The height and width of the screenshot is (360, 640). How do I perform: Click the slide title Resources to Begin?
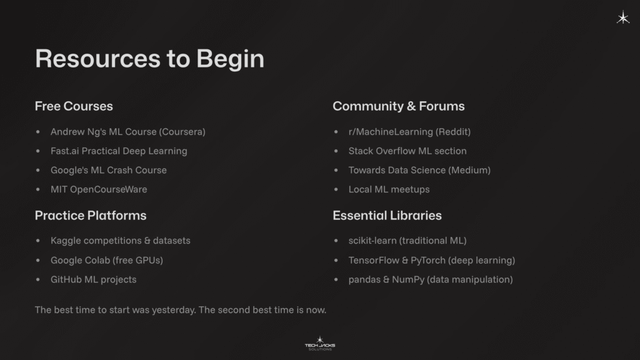[149, 59]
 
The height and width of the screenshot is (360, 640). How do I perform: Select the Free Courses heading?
[74, 106]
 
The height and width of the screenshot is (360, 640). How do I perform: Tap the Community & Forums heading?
[398, 106]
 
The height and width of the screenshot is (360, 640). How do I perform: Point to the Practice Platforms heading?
[91, 216]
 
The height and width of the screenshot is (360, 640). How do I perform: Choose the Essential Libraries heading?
[387, 216]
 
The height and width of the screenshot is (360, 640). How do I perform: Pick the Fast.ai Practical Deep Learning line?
[119, 151]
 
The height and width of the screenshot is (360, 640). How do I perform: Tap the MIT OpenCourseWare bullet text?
[99, 189]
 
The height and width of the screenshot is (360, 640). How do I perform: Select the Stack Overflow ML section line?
[407, 151]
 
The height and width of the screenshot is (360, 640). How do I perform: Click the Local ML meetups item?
[389, 189]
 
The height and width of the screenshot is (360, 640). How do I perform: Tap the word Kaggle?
[66, 241]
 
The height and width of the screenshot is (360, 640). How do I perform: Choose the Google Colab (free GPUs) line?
[106, 260]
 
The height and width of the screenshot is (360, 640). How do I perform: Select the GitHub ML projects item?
[93, 279]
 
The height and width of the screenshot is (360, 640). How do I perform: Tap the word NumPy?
[408, 279]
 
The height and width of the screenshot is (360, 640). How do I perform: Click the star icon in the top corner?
[623, 18]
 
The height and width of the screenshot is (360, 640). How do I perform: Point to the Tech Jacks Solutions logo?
[319, 344]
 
